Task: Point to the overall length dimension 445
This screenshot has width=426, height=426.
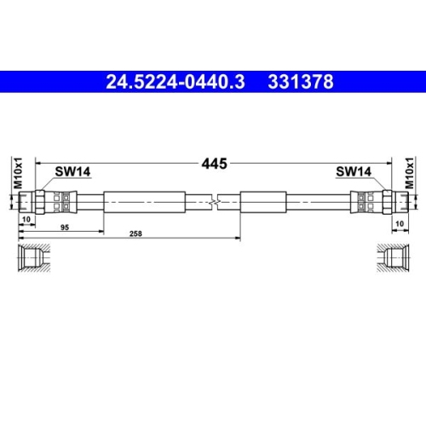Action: point(213,164)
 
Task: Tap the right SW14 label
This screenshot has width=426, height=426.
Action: point(353,171)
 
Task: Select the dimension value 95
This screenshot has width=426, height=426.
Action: point(65,227)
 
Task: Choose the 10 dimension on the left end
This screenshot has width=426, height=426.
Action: point(28,221)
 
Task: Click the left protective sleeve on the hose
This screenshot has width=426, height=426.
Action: point(143,203)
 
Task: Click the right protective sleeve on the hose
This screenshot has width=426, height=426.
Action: point(281,203)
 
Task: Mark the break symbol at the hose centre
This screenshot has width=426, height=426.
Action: point(213,203)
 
